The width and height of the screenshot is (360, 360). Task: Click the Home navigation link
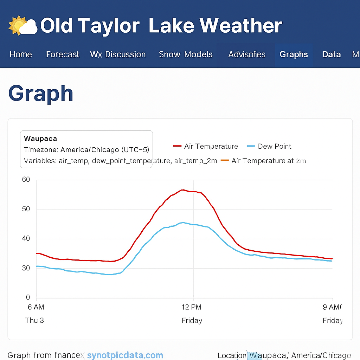pos(21,54)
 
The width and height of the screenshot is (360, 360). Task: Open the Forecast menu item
pos(63,54)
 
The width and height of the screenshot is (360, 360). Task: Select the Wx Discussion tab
pos(118,54)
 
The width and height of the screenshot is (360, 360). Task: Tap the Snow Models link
pos(186,54)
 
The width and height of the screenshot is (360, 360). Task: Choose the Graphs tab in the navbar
pos(294,54)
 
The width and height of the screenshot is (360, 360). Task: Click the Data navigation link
pos(332,54)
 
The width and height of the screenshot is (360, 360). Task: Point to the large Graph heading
pos(41,94)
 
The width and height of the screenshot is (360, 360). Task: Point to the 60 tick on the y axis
pos(26,180)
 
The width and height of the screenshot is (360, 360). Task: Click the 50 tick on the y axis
pos(26,209)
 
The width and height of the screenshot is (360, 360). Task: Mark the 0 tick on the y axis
pos(28,298)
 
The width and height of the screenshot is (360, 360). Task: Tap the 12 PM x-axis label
pos(192,307)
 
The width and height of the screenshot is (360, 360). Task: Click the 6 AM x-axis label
pos(36,307)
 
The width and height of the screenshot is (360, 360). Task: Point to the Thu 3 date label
pos(34,320)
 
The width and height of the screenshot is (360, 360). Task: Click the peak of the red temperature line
pos(182,190)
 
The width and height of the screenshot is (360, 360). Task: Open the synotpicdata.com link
pos(125,355)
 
